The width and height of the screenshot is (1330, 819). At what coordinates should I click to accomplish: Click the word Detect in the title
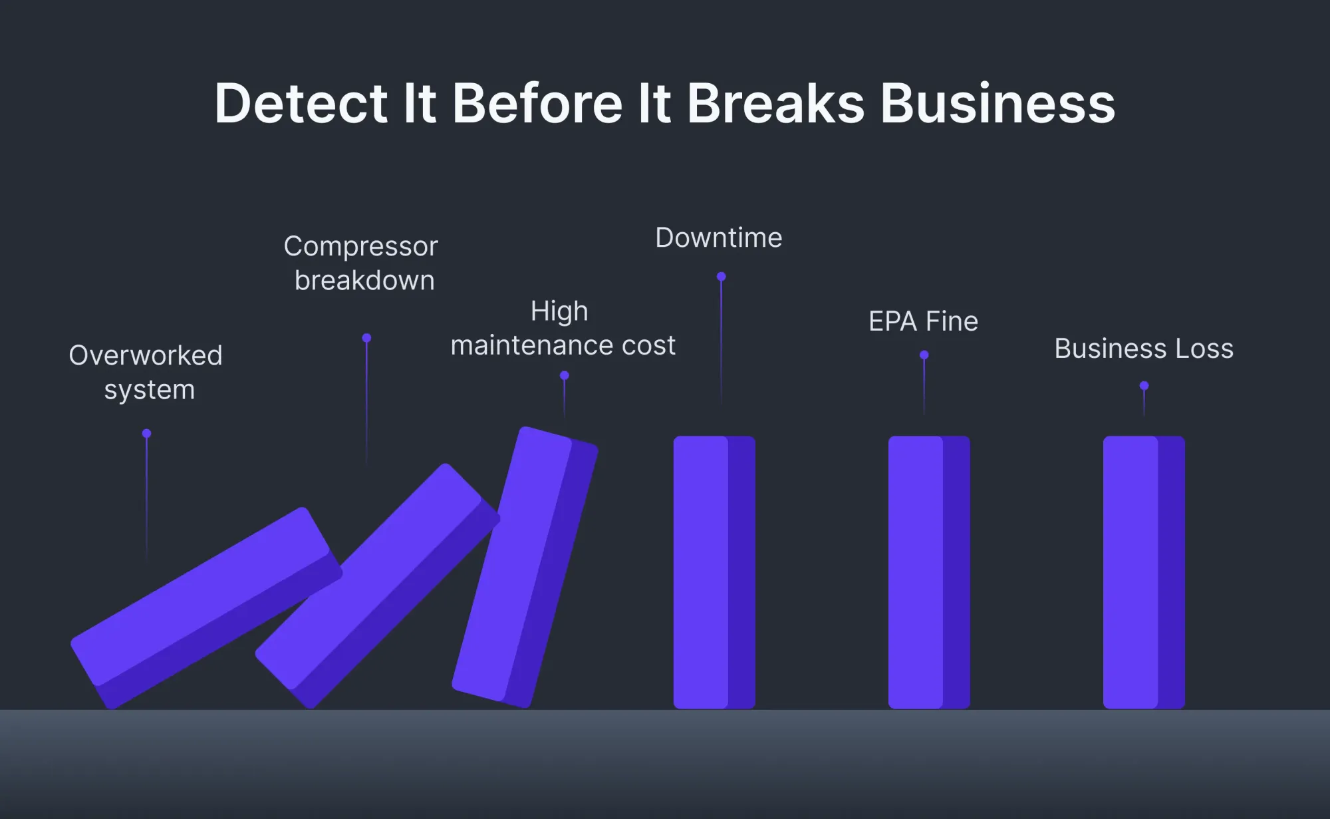[x=301, y=103]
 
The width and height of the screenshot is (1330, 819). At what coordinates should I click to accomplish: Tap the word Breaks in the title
[x=775, y=103]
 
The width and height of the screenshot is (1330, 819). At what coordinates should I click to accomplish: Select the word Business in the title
[x=997, y=103]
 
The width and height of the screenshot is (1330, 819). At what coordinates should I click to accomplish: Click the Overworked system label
[x=146, y=373]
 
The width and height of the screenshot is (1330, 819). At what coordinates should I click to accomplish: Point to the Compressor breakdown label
[x=361, y=263]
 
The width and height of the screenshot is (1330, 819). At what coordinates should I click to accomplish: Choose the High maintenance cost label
[x=563, y=328]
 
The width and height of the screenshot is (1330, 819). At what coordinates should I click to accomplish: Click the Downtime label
[x=719, y=238]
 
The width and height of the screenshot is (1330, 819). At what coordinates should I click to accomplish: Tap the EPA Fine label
[x=924, y=321]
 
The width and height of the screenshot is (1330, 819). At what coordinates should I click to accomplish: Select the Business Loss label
[x=1144, y=349]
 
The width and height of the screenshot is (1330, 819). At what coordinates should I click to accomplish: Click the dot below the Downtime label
[x=721, y=276]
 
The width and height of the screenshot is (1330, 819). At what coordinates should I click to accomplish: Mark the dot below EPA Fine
[x=924, y=355]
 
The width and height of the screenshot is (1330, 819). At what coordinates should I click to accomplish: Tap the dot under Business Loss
[x=1144, y=386]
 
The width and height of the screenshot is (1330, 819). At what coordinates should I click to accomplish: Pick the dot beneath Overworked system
[x=146, y=434]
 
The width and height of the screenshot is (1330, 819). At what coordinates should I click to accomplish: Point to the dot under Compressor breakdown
[x=366, y=338]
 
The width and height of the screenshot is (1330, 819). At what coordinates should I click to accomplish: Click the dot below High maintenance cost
[x=565, y=376]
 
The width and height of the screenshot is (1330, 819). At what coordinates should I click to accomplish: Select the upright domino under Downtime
[x=714, y=572]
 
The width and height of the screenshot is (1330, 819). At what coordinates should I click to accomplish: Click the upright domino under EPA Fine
[x=929, y=572]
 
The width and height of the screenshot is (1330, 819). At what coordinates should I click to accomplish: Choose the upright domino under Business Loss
[x=1144, y=572]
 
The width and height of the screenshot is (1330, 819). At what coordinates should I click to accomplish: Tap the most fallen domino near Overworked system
[x=206, y=607]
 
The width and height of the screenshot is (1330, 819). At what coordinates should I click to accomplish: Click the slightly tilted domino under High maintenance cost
[x=525, y=567]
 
